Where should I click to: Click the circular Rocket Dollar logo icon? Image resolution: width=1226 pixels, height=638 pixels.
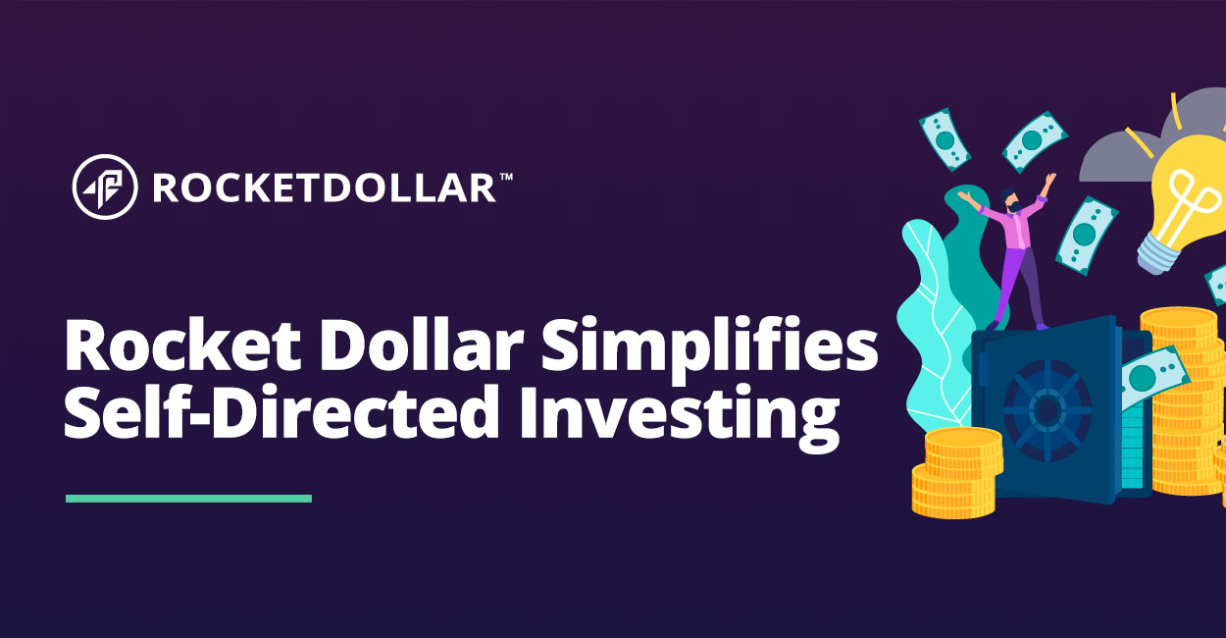[x=105, y=186]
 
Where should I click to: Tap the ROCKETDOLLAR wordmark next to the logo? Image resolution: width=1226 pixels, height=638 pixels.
[x=324, y=187]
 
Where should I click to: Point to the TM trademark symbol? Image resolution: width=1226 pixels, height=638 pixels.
[x=506, y=177]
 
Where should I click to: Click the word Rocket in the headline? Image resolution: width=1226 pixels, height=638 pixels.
[x=182, y=346]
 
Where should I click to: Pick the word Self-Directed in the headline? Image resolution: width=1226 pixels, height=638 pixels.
[x=281, y=410]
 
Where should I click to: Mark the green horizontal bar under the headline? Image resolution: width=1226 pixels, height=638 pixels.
[x=189, y=499]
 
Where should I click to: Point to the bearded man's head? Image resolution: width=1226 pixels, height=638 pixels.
[x=1010, y=200]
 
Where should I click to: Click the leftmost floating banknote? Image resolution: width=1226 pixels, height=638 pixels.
[x=945, y=139]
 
